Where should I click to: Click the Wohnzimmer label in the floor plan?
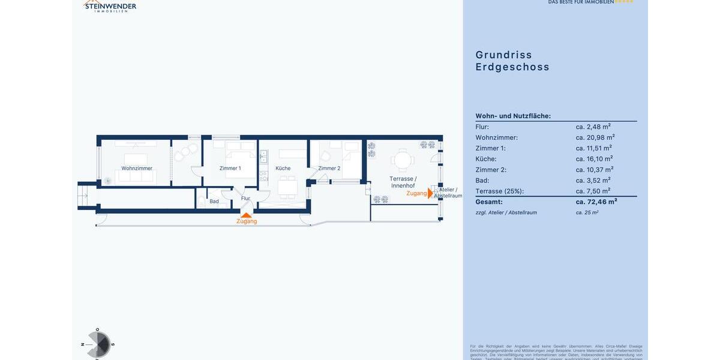pyautogui.click(x=137, y=169)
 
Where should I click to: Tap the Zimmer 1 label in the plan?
pyautogui.click(x=230, y=169)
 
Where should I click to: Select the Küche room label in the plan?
pyautogui.click(x=283, y=169)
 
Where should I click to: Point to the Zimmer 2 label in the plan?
pyautogui.click(x=329, y=169)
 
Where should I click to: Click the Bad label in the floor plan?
pyautogui.click(x=214, y=202)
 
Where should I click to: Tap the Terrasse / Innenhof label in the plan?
pyautogui.click(x=403, y=182)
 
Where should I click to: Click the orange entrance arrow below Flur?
pyautogui.click(x=246, y=214)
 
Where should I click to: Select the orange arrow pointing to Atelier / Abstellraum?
pyautogui.click(x=430, y=193)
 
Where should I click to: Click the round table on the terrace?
pyautogui.click(x=403, y=160)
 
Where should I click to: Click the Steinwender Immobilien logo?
pyautogui.click(x=110, y=6)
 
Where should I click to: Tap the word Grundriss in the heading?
pyautogui.click(x=503, y=55)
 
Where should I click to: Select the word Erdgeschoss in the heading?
pyautogui.click(x=512, y=67)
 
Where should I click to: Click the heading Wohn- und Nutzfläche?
pyautogui.click(x=513, y=116)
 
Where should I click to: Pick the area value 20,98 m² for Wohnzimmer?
pyautogui.click(x=595, y=137)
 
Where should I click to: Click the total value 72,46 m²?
pyautogui.click(x=596, y=202)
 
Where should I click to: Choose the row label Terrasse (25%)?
pyautogui.click(x=499, y=191)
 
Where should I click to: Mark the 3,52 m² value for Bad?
pyautogui.click(x=593, y=180)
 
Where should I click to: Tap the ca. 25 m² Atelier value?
pyautogui.click(x=587, y=212)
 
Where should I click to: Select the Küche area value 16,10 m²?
pyautogui.click(x=594, y=159)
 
